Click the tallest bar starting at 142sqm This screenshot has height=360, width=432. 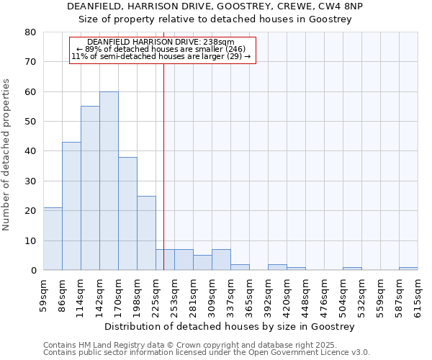tap(109, 181)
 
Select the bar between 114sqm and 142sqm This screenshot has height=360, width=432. tap(90, 188)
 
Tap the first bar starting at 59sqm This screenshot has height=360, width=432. tap(53, 239)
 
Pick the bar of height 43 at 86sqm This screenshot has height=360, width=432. tap(71, 206)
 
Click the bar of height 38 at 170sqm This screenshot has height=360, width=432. tap(127, 214)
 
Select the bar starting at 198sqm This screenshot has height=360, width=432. tap(146, 233)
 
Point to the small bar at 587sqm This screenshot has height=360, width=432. tap(408, 269)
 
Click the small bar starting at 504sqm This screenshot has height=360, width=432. tap(352, 269)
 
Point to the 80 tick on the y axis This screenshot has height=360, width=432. tap(30, 32)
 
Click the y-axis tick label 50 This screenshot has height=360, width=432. tap(30, 122)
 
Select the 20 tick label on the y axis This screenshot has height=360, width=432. tap(30, 211)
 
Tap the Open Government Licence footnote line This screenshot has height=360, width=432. tap(207, 352)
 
